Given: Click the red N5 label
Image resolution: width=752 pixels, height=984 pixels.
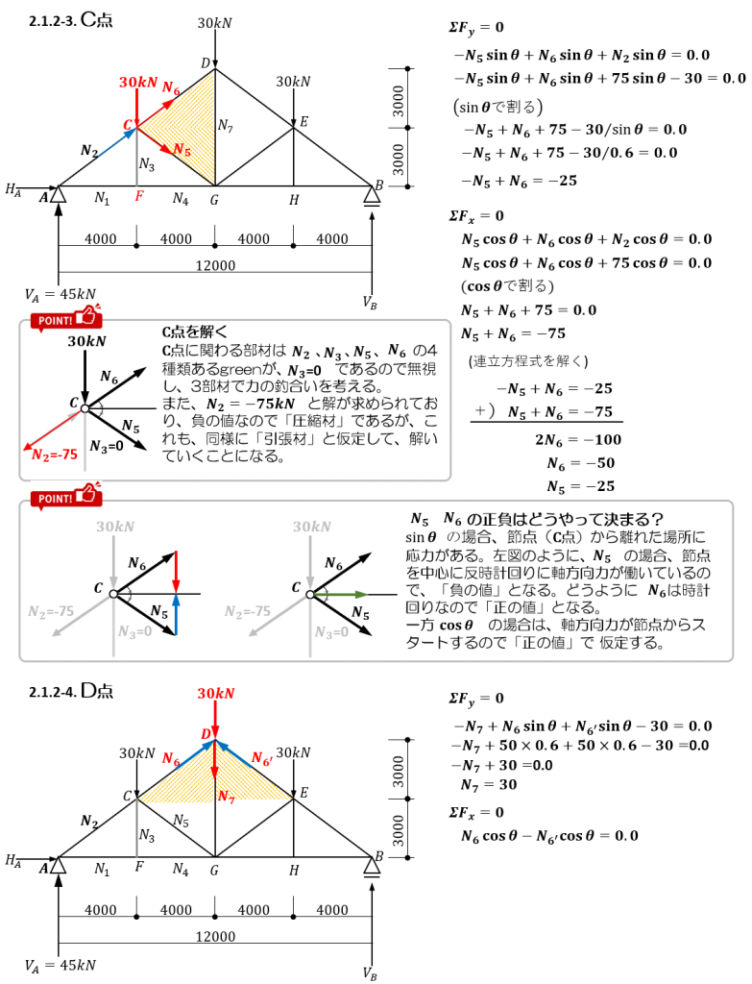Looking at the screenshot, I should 182,150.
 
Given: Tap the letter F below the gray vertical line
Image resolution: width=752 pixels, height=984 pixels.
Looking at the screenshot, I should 139,196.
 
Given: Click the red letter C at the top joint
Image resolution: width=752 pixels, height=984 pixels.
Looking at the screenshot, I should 128,125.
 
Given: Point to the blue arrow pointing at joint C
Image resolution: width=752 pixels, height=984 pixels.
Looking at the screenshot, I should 116,142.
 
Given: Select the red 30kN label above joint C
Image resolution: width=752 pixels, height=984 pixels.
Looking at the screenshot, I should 137,83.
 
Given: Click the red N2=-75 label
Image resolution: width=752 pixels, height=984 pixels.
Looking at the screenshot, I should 55,455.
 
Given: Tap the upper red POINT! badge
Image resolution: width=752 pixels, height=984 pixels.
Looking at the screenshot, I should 65,318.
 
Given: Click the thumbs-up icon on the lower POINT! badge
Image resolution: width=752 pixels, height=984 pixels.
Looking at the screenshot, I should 87,494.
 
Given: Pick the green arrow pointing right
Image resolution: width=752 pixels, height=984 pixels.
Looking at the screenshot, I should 341,594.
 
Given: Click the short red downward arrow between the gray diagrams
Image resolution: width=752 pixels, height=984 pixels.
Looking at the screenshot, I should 176,572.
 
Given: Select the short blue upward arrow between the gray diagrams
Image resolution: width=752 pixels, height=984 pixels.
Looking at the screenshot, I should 176,614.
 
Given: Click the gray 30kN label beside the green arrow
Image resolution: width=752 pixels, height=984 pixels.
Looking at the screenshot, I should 311,527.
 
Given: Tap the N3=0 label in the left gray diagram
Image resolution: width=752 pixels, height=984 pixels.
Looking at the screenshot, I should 134,631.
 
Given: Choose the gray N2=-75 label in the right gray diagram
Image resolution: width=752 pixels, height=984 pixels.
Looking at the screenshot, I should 247,611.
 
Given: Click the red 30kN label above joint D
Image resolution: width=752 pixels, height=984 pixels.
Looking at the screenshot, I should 215,694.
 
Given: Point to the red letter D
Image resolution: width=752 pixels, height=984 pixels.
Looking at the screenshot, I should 206,734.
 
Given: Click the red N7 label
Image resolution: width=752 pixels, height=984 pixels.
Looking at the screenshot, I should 226,797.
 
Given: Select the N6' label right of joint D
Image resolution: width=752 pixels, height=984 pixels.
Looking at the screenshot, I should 261,759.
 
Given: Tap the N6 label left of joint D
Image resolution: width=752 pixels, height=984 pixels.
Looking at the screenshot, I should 170,759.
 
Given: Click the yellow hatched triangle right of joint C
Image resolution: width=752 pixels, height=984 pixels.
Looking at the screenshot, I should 192,127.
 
